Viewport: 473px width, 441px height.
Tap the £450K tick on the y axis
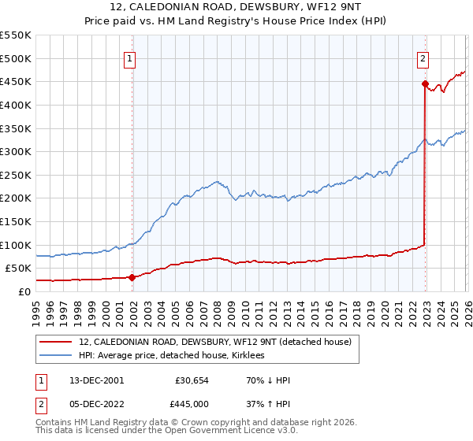16,81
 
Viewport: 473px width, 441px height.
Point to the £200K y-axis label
16,198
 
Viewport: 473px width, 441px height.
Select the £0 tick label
24,291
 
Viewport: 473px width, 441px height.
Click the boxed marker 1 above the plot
129,57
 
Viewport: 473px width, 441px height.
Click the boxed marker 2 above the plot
423,57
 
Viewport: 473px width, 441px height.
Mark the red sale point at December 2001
132,277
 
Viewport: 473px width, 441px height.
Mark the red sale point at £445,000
425,83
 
